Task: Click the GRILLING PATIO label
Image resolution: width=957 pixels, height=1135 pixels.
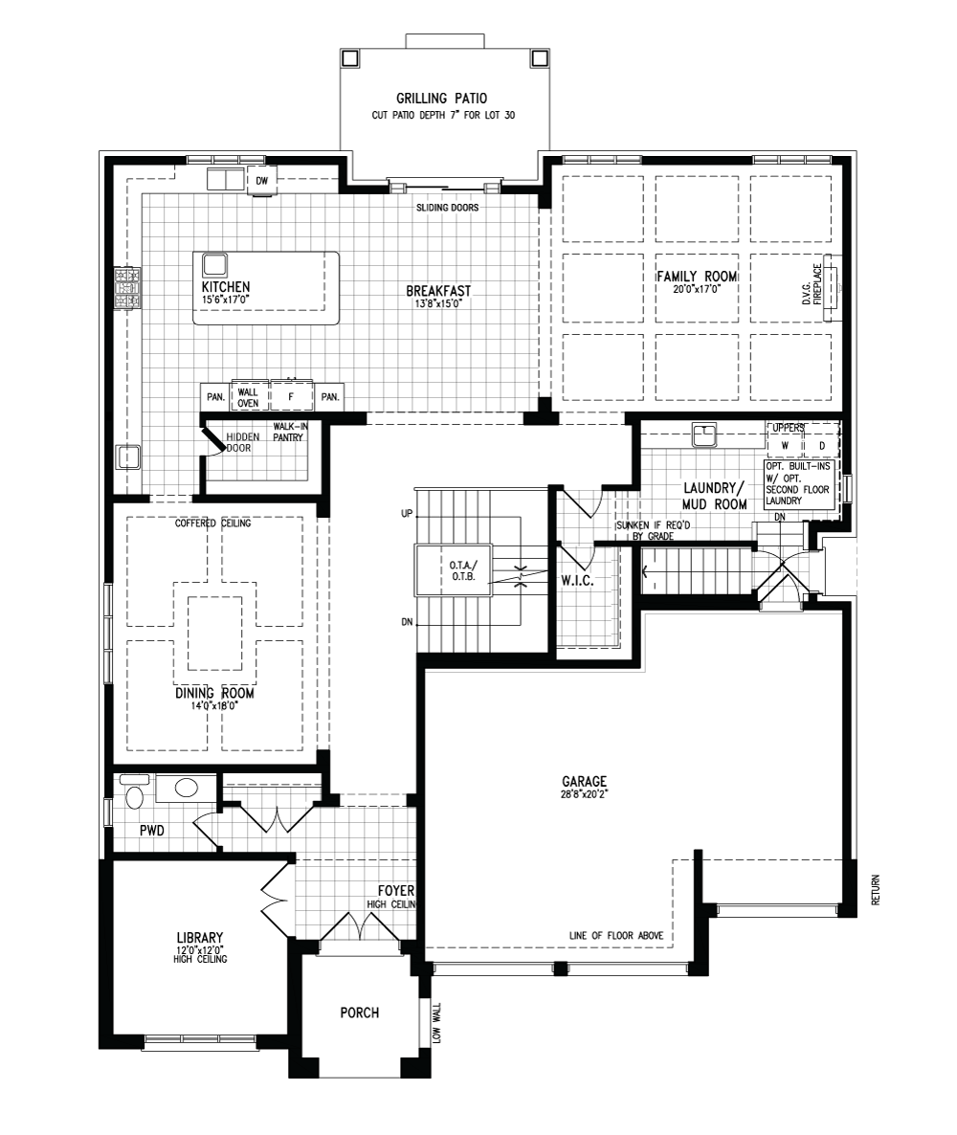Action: pyautogui.click(x=441, y=99)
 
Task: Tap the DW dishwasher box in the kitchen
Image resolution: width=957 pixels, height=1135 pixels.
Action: pyautogui.click(x=261, y=181)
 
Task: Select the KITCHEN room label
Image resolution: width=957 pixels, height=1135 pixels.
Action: pyautogui.click(x=226, y=287)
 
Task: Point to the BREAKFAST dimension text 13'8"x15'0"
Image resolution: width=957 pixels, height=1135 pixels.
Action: pyautogui.click(x=438, y=304)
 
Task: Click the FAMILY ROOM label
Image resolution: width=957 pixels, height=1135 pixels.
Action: pyautogui.click(x=697, y=277)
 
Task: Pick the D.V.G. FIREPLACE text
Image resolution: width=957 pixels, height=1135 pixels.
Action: pyautogui.click(x=812, y=283)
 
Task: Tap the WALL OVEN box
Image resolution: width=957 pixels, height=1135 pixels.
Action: pyautogui.click(x=248, y=397)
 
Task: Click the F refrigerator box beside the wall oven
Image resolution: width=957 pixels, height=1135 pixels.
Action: pyautogui.click(x=291, y=397)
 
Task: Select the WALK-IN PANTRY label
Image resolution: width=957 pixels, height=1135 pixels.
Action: pyautogui.click(x=288, y=433)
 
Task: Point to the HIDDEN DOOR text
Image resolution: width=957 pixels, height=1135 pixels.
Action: pyautogui.click(x=241, y=442)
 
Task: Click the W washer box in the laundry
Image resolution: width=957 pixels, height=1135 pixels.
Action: pyautogui.click(x=786, y=446)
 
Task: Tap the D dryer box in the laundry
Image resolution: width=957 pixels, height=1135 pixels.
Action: pyautogui.click(x=822, y=446)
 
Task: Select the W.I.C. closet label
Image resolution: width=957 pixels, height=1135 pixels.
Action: pyautogui.click(x=577, y=581)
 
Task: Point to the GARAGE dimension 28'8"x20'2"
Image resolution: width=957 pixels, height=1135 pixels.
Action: pyautogui.click(x=584, y=794)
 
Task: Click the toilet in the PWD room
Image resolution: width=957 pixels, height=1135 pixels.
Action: pyautogui.click(x=135, y=793)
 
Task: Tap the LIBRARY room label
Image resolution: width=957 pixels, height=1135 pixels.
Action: pyautogui.click(x=200, y=938)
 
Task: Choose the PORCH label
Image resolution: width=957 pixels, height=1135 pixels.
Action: pyautogui.click(x=360, y=1013)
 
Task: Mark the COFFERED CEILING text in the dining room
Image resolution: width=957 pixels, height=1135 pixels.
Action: pyautogui.click(x=212, y=523)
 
